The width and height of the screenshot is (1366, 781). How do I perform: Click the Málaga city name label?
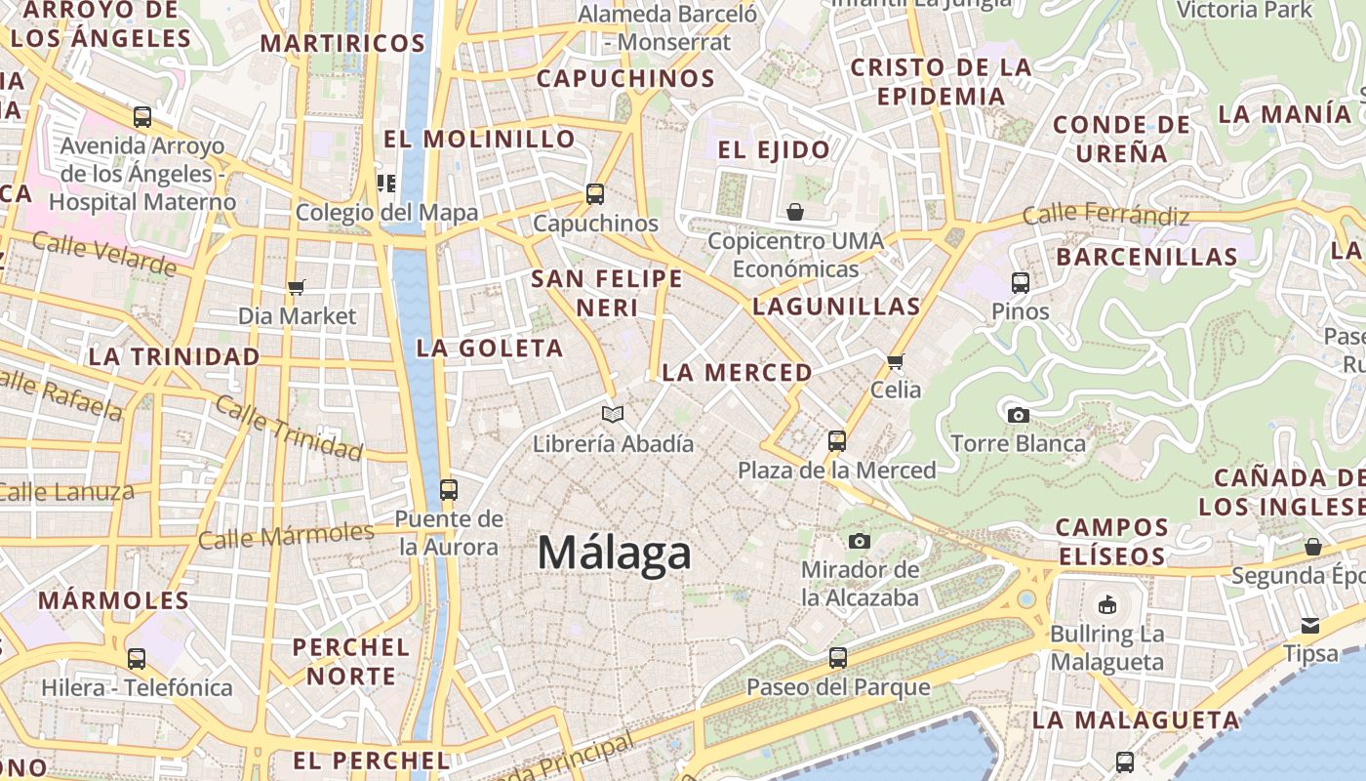pyautogui.click(x=615, y=554)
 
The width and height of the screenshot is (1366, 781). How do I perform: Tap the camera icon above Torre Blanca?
pyautogui.click(x=1018, y=415)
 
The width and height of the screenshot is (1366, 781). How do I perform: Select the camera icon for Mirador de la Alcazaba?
pyautogui.click(x=860, y=541)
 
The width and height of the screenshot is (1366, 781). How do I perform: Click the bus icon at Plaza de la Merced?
pyautogui.click(x=836, y=440)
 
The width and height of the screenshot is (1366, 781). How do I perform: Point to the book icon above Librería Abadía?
pyautogui.click(x=613, y=415)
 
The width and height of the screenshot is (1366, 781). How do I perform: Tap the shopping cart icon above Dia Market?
pyautogui.click(x=297, y=287)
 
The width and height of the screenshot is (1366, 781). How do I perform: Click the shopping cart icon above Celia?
pyautogui.click(x=896, y=361)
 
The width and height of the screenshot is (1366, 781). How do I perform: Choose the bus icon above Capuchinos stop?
pyautogui.click(x=595, y=193)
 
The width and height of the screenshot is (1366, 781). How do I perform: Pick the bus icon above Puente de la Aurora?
pyautogui.click(x=449, y=489)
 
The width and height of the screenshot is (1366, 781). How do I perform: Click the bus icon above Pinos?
pyautogui.click(x=1021, y=283)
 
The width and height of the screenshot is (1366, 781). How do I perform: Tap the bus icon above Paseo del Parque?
pyautogui.click(x=837, y=658)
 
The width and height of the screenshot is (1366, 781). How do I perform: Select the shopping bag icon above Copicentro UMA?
pyautogui.click(x=796, y=211)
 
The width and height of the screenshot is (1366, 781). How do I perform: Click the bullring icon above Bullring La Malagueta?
pyautogui.click(x=1107, y=605)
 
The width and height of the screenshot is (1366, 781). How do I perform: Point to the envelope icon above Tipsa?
pyautogui.click(x=1310, y=625)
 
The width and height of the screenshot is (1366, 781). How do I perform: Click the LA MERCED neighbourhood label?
pyautogui.click(x=737, y=373)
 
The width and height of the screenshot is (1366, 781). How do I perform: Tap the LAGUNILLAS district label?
pyautogui.click(x=836, y=307)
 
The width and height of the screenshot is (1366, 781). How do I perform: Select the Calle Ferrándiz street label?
pyautogui.click(x=1105, y=215)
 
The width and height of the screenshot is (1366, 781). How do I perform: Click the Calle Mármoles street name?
pyautogui.click(x=286, y=535)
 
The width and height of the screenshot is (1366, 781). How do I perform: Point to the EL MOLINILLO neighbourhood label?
pyautogui.click(x=479, y=140)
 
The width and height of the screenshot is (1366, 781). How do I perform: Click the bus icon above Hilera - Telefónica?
pyautogui.click(x=137, y=659)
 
